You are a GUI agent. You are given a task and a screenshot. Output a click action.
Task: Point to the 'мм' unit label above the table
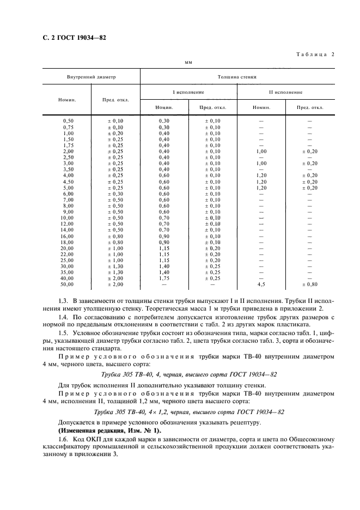[188, 63]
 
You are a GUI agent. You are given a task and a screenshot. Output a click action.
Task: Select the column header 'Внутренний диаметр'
[91, 77]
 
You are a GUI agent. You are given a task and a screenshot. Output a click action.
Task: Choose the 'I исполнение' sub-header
[188, 92]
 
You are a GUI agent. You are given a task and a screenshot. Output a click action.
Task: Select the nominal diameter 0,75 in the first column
[68, 126]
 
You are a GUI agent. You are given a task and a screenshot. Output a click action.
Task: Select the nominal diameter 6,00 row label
[68, 193]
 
